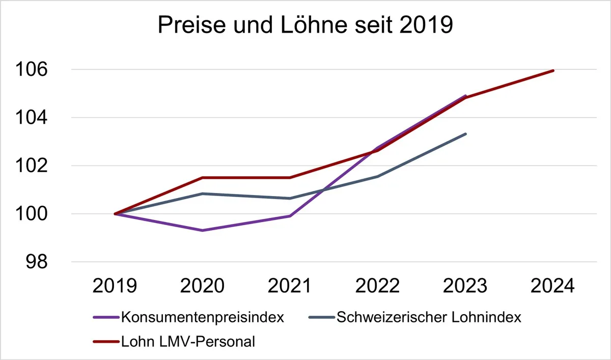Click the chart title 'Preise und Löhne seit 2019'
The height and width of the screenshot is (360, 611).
305,25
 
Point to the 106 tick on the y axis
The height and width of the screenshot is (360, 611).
32,69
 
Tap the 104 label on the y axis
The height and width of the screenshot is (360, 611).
32,118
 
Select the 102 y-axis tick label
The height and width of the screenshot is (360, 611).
32,165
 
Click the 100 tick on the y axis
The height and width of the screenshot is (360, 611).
32,214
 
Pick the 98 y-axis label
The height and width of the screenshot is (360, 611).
37,262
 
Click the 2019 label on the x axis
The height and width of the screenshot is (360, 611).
115,286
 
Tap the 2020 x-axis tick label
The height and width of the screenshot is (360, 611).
202,286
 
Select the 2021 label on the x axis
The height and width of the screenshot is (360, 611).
290,286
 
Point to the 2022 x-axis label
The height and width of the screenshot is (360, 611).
377,286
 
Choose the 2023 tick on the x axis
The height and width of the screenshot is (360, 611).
465,286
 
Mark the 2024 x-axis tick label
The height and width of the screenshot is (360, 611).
552,286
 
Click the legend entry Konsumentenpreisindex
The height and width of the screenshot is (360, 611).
188,317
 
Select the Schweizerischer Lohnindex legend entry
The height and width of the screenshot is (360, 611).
415,317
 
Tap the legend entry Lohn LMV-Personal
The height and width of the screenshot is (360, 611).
174,342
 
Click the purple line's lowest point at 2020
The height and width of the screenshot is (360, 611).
203,231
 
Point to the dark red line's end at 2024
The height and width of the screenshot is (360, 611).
553,71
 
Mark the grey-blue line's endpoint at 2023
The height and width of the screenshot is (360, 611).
465,134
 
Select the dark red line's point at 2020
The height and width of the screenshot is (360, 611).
203,178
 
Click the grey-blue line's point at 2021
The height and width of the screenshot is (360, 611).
290,198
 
